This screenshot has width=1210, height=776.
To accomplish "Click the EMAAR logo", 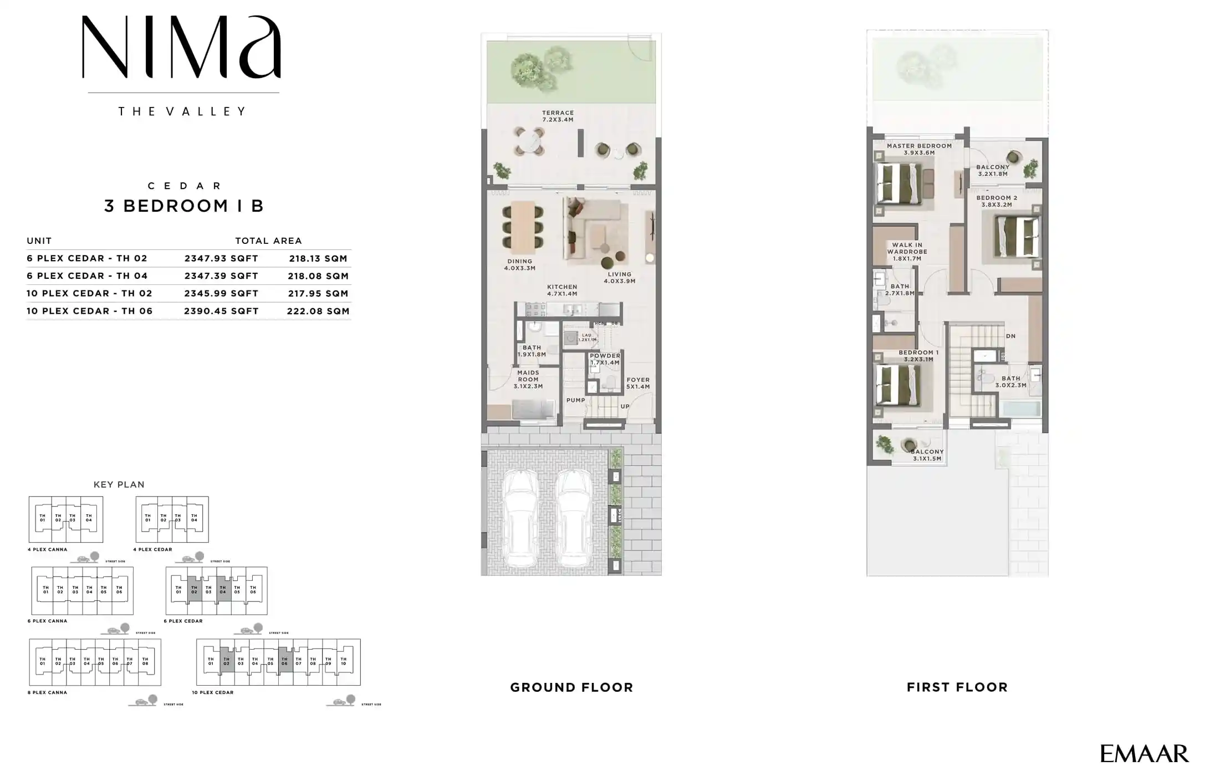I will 1144,754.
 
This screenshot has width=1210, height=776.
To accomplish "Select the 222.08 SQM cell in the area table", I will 318,311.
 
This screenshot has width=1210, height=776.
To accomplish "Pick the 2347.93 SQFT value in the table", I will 221,258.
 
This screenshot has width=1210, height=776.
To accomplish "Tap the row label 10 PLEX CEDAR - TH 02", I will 89,294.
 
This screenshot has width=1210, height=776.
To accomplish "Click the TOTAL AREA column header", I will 268,241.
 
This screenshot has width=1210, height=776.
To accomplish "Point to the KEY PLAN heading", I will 119,484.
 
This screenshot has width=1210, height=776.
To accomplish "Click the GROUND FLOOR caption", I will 571,687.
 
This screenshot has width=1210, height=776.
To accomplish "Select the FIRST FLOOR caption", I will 957,687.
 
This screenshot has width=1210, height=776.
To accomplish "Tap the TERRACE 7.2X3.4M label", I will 558,116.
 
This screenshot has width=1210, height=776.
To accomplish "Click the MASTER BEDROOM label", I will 919,149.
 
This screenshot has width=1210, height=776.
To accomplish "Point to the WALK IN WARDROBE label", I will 907,251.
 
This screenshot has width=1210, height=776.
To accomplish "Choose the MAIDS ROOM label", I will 528,380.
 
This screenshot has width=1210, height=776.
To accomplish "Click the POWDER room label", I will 605,359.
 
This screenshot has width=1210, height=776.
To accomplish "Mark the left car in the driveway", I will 520,518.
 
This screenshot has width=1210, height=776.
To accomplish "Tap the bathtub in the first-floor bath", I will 1022,409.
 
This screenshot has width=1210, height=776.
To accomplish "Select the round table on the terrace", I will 529,141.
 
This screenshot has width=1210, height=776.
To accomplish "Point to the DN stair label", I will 1010,336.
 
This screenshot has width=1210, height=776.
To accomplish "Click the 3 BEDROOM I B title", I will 184,206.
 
